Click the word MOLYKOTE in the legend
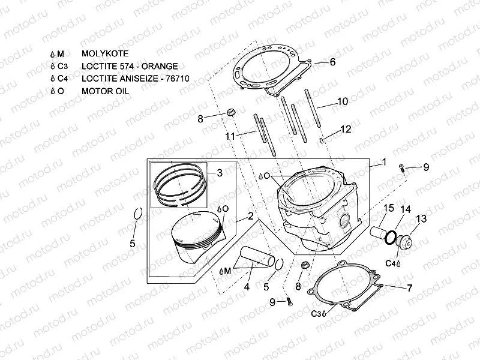[x=106, y=53]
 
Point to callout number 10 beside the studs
[x=342, y=102]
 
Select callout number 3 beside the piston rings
[x=219, y=173]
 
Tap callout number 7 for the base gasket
[x=409, y=288]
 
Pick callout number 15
[x=388, y=208]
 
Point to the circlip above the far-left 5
[x=137, y=215]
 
